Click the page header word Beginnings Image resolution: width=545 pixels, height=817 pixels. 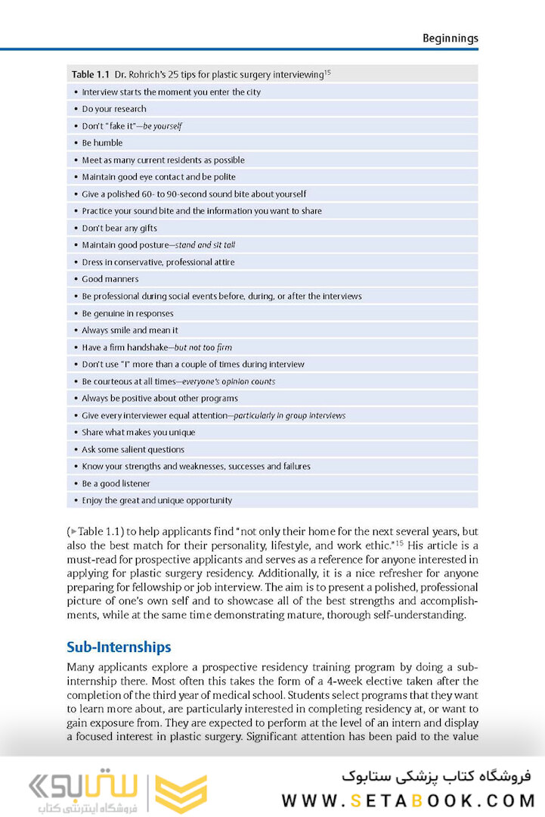[x=450, y=38]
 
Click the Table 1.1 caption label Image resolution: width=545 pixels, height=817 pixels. [x=90, y=74]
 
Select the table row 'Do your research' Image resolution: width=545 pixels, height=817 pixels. [x=114, y=109]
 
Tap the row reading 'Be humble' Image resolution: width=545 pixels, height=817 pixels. [x=102, y=143]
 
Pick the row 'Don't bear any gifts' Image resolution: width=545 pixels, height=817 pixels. [x=119, y=228]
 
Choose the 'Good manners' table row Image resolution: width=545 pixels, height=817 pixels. [x=110, y=279]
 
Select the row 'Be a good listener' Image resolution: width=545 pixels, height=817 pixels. [x=116, y=483]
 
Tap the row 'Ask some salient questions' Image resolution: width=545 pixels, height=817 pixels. [x=133, y=449]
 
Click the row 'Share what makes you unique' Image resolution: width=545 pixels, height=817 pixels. [x=138, y=432]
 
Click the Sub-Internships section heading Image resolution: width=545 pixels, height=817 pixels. [x=119, y=647]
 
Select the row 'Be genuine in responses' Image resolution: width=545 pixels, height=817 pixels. [x=128, y=313]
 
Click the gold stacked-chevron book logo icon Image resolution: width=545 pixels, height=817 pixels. [x=181, y=794]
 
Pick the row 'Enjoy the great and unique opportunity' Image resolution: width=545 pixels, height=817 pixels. [x=156, y=500]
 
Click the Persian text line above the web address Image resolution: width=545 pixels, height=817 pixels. [x=436, y=776]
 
